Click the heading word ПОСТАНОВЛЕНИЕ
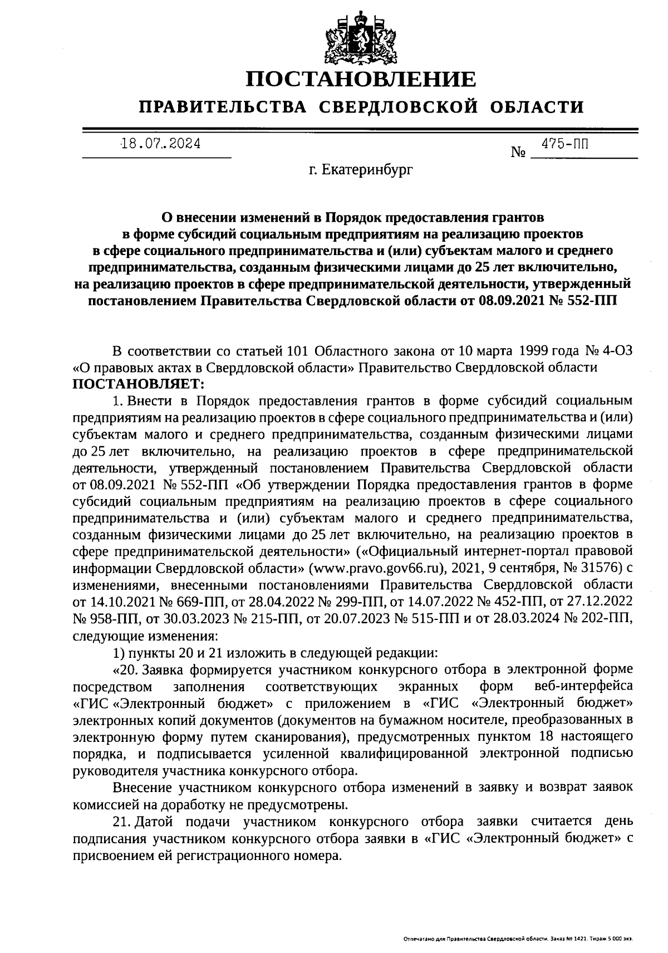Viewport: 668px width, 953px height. point(362,80)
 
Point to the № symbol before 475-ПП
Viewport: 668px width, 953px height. point(518,152)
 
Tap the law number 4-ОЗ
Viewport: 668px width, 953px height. point(616,352)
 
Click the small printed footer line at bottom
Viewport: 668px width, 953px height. point(518,939)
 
